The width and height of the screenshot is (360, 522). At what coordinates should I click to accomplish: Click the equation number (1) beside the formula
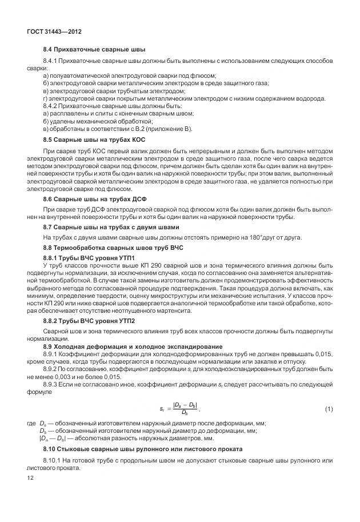(x=329, y=408)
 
